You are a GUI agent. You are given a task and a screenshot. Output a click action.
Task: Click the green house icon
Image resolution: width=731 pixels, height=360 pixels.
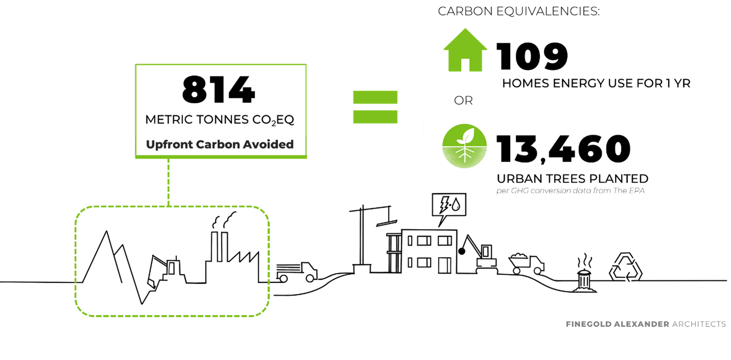point(465,51)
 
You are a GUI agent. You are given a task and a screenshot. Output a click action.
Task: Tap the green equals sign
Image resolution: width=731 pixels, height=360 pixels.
point(375,107)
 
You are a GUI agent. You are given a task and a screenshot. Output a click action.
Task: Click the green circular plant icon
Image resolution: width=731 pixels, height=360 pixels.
point(464,147)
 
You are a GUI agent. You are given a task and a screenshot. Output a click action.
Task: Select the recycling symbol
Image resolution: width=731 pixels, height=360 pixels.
point(626,267)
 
